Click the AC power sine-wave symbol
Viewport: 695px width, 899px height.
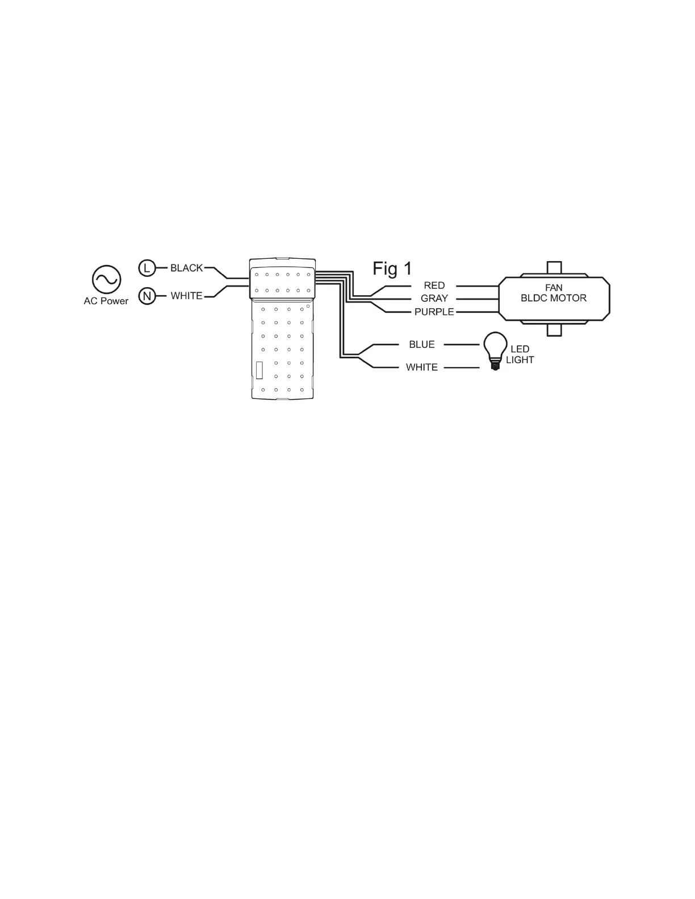pyautogui.click(x=106, y=279)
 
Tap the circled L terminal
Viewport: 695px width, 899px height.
pyautogui.click(x=146, y=268)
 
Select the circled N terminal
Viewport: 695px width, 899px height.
pyautogui.click(x=146, y=296)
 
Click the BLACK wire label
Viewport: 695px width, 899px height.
pyautogui.click(x=186, y=268)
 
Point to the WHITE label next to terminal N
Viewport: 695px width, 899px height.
pyautogui.click(x=186, y=296)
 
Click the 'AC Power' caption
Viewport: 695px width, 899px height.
pyautogui.click(x=106, y=301)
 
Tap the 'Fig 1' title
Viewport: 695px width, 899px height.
pyautogui.click(x=392, y=268)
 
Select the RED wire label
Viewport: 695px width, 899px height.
pyautogui.click(x=434, y=285)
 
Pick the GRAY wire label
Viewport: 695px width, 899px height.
pyautogui.click(x=434, y=299)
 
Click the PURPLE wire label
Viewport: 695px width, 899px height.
pyautogui.click(x=434, y=312)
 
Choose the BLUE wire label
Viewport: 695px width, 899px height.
pyautogui.click(x=422, y=345)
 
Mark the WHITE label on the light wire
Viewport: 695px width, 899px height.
pyautogui.click(x=422, y=367)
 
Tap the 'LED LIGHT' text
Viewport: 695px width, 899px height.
pyautogui.click(x=520, y=355)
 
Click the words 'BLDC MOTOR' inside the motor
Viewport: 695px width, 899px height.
pyautogui.click(x=554, y=299)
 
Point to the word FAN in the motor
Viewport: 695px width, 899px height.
pyautogui.click(x=554, y=288)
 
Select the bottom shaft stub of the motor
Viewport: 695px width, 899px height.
pyautogui.click(x=554, y=330)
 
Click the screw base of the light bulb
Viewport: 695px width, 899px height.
pyautogui.click(x=495, y=366)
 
